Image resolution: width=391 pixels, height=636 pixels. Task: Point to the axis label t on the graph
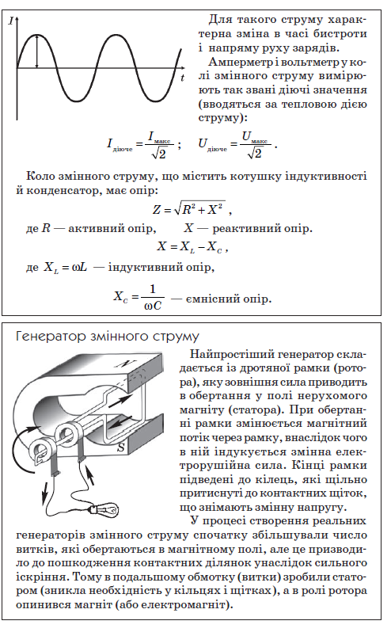(182, 78)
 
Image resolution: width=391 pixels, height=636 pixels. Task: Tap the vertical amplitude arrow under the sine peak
(36, 51)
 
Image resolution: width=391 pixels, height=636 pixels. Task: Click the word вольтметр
(313, 60)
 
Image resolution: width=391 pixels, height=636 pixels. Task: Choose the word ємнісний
(208, 299)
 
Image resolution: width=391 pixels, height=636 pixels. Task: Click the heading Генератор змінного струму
(107, 336)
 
